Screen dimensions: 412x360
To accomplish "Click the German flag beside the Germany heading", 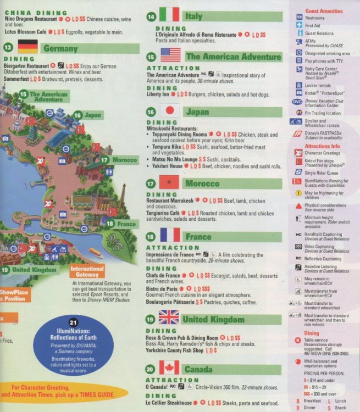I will pos(27,47).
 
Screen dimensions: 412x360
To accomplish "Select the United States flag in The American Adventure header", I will pos(170,55).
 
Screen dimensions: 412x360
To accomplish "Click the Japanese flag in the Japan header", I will pos(170,111).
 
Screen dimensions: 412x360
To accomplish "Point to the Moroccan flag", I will pos(170,182).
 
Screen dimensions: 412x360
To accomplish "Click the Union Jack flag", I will pos(169,318).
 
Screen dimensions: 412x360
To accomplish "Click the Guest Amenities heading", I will pos(324,11).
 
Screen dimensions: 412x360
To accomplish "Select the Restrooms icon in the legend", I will pos(297,17).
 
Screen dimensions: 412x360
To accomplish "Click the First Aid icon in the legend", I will pos(297,25).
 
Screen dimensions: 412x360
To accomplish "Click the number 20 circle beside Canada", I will pos(150,369).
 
